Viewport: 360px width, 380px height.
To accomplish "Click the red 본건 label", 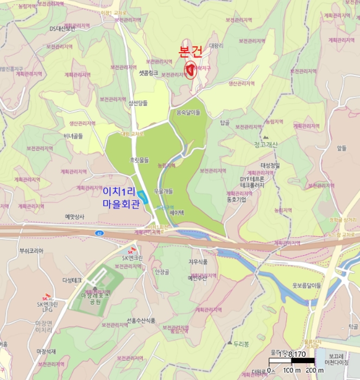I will click(191, 52).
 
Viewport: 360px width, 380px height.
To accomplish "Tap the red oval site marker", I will click(191, 71).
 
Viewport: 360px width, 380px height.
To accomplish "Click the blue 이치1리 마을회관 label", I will click(124, 197).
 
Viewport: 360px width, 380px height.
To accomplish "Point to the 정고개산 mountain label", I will click(266, 144).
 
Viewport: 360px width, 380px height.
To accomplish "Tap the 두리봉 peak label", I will click(241, 344).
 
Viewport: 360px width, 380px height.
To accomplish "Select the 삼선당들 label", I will click(138, 103).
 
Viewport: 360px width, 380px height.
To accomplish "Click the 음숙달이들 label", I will click(188, 112).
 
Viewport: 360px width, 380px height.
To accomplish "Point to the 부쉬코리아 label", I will click(31, 251).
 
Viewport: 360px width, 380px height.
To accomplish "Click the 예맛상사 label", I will click(75, 216).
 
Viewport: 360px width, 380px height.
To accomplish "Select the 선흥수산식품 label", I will click(141, 320).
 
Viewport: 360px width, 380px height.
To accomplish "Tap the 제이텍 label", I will click(178, 213).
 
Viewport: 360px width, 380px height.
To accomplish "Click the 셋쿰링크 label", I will click(148, 72).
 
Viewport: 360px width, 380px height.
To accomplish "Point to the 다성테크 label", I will click(72, 280).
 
